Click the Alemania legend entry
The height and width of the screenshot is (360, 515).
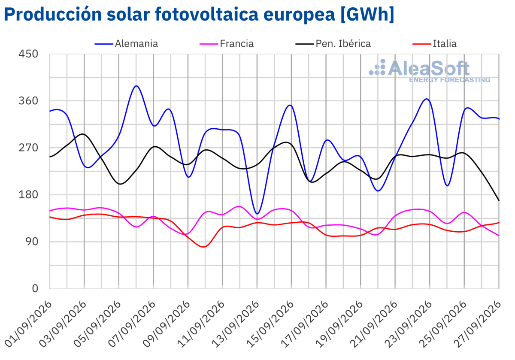126,44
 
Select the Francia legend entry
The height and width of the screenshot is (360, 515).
227,44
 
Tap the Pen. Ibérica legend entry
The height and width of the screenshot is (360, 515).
333,44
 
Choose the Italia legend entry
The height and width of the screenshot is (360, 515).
434,44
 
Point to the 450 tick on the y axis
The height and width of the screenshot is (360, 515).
28,54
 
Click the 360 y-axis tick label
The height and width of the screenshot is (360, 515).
28,101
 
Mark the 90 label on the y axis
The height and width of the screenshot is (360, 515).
32,242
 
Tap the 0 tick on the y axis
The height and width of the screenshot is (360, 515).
35,288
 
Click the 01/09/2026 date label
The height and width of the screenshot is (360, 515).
28,324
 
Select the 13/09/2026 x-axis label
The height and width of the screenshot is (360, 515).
236,324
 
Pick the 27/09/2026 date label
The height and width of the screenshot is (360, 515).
477,324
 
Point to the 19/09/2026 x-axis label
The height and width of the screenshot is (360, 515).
339,324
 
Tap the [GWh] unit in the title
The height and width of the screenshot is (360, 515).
367,15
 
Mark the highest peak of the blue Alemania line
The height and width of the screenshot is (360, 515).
136,86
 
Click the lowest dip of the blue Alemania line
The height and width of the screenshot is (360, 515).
257,214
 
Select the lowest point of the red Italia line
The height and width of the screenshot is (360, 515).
203,247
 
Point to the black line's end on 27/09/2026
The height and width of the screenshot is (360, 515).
499,200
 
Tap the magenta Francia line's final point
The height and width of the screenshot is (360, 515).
499,236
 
